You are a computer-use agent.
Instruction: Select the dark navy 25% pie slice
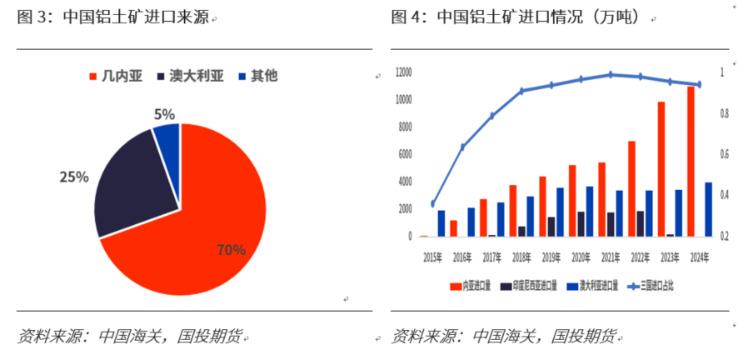[133, 187]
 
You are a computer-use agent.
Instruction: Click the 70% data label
[231, 249]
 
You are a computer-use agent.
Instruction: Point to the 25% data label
[73, 177]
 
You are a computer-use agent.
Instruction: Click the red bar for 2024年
[691, 162]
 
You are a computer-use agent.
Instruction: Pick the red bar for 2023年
[661, 169]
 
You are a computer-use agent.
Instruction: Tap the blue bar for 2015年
[441, 223]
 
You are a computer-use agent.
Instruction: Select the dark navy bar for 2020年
[581, 224]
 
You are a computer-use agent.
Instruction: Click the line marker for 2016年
[463, 147]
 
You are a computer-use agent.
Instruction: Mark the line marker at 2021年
[611, 75]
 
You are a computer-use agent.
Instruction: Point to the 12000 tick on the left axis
[402, 72]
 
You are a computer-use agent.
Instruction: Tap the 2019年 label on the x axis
[551, 257]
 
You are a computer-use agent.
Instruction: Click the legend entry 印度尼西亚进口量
[530, 286]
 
